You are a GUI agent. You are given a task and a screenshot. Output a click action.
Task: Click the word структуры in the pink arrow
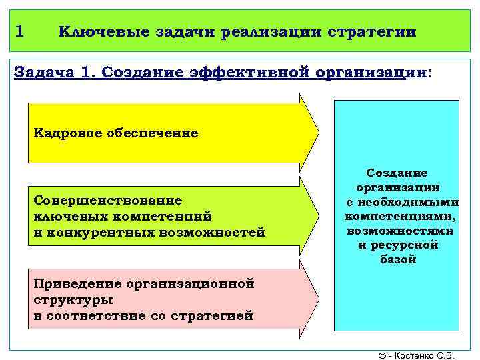[73, 300]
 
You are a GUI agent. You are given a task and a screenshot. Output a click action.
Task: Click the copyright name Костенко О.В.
[425, 355]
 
